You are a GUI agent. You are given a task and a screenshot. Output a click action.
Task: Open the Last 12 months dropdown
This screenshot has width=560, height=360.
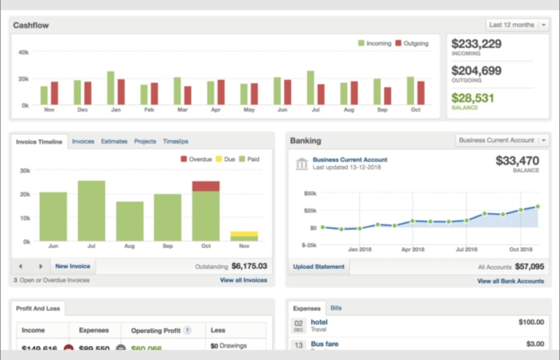tap(518, 25)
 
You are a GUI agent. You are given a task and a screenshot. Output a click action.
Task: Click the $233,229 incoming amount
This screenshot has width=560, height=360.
tap(476, 44)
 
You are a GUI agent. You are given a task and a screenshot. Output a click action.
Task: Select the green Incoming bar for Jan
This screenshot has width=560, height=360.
tap(111, 88)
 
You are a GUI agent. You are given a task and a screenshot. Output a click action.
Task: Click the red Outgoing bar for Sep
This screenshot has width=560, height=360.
tap(388, 96)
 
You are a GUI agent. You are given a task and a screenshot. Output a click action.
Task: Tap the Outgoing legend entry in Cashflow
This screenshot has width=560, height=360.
tap(412, 43)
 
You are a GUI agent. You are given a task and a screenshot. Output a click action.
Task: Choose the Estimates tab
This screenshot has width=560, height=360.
tap(114, 141)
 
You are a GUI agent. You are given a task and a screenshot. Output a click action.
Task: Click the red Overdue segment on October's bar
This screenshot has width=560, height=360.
tap(206, 186)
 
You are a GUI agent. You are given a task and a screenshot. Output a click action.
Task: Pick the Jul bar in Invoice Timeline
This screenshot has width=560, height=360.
tap(92, 211)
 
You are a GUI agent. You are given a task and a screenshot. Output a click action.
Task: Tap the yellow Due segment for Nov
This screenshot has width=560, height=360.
tap(244, 234)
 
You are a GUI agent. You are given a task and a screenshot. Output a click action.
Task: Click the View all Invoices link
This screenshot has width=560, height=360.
tap(244, 280)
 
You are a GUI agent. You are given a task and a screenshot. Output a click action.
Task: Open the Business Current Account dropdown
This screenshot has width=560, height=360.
tap(502, 140)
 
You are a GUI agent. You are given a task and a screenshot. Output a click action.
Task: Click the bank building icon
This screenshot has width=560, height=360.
tap(301, 163)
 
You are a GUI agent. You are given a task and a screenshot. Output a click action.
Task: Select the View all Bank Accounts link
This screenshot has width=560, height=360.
tap(510, 281)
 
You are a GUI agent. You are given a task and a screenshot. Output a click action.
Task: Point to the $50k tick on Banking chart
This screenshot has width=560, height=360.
tap(310, 193)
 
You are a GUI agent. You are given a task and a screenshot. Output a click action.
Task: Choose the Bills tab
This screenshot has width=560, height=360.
tap(337, 308)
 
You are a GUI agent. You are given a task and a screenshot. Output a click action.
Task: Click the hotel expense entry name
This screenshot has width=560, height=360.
tap(319, 321)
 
